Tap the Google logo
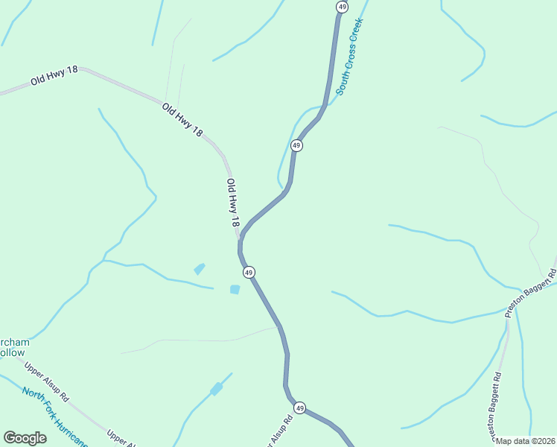[x=25, y=437]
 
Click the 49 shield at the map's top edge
[x=342, y=7]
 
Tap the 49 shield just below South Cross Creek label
[x=296, y=145]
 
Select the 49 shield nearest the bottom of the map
[x=299, y=408]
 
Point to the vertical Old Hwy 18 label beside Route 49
[x=233, y=203]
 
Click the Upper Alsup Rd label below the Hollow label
[x=46, y=381]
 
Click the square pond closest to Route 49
[x=235, y=289]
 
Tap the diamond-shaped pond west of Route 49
[x=199, y=269]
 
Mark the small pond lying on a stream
[x=216, y=389]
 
